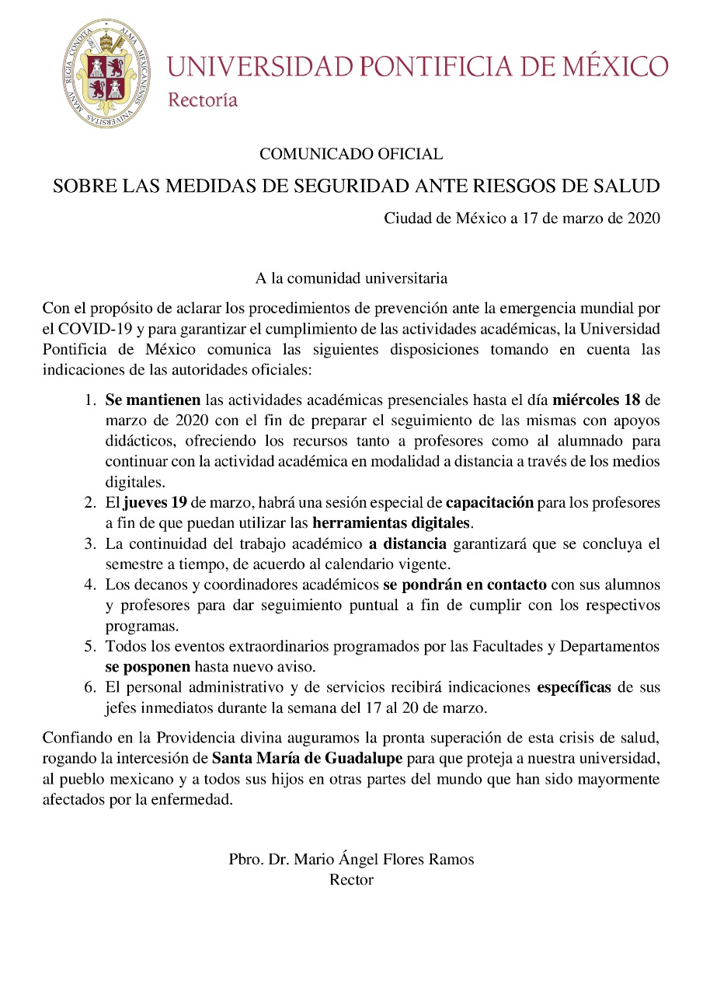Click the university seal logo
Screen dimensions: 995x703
pos(107,74)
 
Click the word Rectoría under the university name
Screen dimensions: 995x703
pos(203,99)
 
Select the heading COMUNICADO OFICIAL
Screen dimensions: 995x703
pos(351,154)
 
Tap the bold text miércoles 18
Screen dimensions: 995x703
pos(597,401)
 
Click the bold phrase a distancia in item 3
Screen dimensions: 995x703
pos(407,543)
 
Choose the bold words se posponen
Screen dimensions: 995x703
pos(148,666)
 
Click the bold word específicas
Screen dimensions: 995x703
pos(574,687)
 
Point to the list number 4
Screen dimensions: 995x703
pos(90,584)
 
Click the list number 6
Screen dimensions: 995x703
pos(90,687)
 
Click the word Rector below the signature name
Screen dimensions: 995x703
pos(351,880)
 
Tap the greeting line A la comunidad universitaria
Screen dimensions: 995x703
pos(351,277)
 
